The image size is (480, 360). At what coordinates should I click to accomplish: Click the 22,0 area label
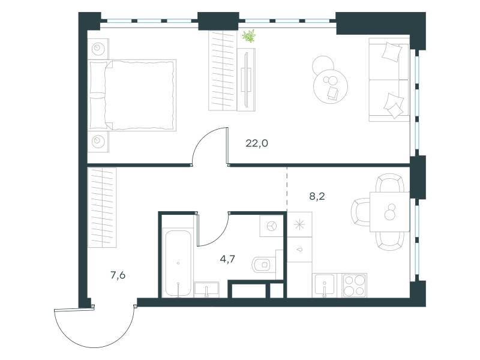pyautogui.click(x=257, y=143)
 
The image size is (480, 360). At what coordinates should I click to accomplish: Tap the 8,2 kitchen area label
pyautogui.click(x=317, y=196)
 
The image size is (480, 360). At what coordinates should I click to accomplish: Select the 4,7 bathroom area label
pyautogui.click(x=227, y=259)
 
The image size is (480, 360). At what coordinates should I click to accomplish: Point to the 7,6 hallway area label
pyautogui.click(x=118, y=275)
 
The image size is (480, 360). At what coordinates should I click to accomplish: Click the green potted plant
pyautogui.click(x=249, y=36)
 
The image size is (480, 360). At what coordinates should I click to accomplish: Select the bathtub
pyautogui.click(x=178, y=263)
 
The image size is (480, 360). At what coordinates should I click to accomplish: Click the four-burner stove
pyautogui.click(x=355, y=286)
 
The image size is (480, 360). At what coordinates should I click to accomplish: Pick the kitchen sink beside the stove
pyautogui.click(x=325, y=286)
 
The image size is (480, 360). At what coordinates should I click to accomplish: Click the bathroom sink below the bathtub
pyautogui.click(x=206, y=290)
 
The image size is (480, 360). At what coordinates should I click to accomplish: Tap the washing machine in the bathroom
pyautogui.click(x=271, y=226)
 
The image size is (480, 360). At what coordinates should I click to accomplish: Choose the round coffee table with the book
pyautogui.click(x=331, y=86)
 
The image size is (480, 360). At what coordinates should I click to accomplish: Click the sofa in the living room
pyautogui.click(x=389, y=80)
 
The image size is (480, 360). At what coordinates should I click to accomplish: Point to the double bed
pyautogui.click(x=132, y=95)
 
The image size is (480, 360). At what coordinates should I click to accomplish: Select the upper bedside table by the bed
pyautogui.click(x=98, y=49)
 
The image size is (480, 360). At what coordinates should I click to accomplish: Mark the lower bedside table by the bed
pyautogui.click(x=98, y=142)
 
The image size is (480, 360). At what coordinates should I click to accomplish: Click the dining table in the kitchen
pyautogui.click(x=389, y=212)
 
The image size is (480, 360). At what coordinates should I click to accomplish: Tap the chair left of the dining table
pyautogui.click(x=361, y=212)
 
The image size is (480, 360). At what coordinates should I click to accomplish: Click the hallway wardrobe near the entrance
pyautogui.click(x=102, y=208)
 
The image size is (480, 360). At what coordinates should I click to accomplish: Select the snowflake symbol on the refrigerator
pyautogui.click(x=299, y=224)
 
